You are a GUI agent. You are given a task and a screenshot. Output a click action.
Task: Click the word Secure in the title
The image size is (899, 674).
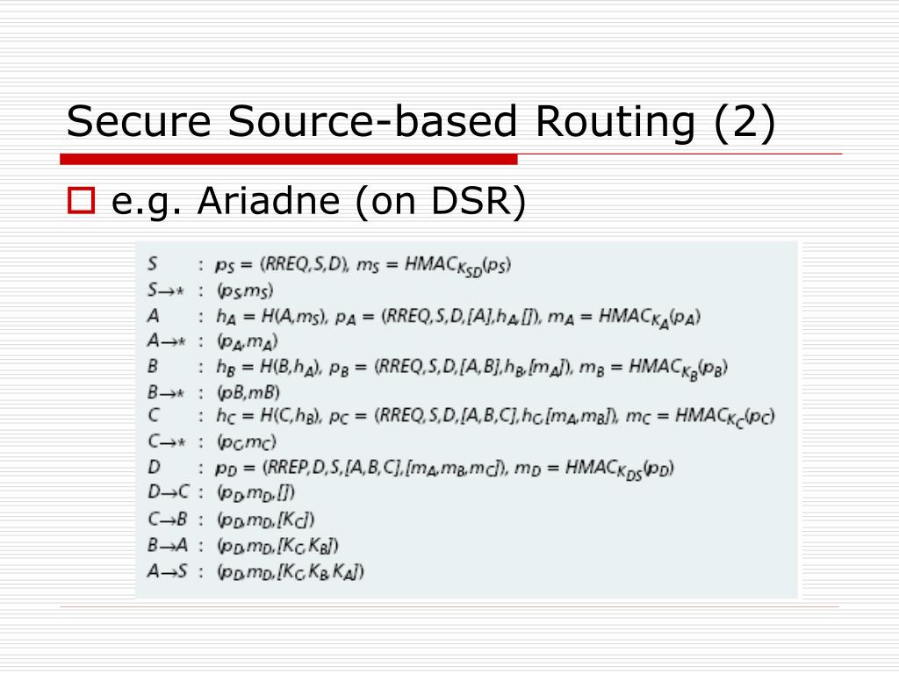pyautogui.click(x=140, y=121)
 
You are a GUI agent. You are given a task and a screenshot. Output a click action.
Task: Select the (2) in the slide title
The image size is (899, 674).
pyautogui.click(x=744, y=121)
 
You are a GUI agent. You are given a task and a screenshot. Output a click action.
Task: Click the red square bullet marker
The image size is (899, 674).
pyautogui.click(x=81, y=204)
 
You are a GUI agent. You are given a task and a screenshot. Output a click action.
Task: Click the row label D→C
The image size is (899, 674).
pyautogui.click(x=169, y=493)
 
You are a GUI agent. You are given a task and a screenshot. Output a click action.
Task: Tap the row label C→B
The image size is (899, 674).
pyautogui.click(x=169, y=520)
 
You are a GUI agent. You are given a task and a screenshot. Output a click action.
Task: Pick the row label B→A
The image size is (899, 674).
pyautogui.click(x=169, y=545)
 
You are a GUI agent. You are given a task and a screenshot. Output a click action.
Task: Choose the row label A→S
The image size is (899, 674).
pyautogui.click(x=169, y=571)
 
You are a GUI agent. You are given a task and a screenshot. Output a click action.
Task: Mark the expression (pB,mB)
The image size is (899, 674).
pyautogui.click(x=248, y=391)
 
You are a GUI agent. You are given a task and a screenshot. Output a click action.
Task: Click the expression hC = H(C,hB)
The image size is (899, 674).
pyautogui.click(x=274, y=418)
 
